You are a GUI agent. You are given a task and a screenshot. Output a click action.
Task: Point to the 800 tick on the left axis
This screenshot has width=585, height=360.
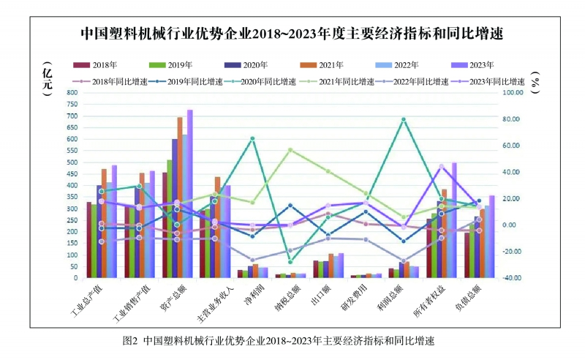pyautogui.click(x=71, y=93)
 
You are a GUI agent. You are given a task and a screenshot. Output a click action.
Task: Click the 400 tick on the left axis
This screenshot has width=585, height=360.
pyautogui.click(x=71, y=186)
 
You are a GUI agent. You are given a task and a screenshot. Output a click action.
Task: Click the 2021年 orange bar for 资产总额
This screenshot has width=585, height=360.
pyautogui.click(x=180, y=198)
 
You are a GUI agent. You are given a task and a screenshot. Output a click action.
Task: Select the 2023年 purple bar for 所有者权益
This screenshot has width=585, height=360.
pyautogui.click(x=454, y=220)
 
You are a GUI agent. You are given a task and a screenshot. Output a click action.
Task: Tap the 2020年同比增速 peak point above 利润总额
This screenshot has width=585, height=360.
pyautogui.click(x=404, y=119)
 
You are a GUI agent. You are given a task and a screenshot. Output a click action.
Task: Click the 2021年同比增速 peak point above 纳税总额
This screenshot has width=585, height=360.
pyautogui.click(x=290, y=150)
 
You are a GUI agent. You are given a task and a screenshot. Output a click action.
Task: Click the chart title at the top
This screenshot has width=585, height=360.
pyautogui.click(x=292, y=34)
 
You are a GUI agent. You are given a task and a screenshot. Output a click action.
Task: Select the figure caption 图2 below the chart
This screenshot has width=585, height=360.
pyautogui.click(x=282, y=341)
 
